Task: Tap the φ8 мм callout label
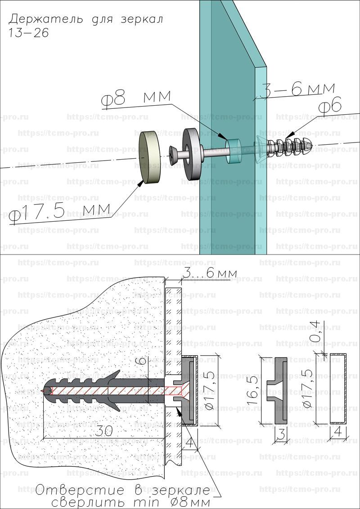coord(136,98)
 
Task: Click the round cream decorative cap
coord(150,157)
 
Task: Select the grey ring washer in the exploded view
coord(192,153)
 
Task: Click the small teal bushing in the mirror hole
coord(234,151)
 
